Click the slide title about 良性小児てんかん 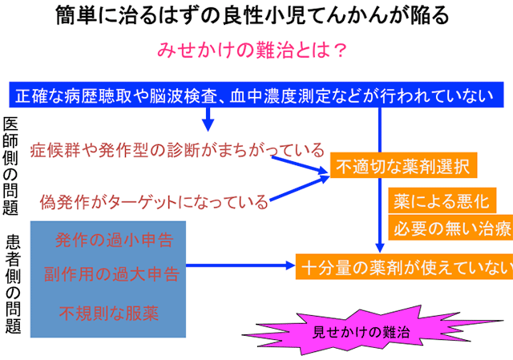click(252, 15)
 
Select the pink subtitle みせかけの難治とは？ click(252, 50)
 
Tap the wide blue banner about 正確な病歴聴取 click(256, 95)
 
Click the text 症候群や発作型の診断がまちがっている click(177, 150)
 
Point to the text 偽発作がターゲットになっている click(154, 201)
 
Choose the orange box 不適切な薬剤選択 click(403, 165)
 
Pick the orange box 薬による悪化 click(442, 200)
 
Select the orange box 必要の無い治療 click(450, 228)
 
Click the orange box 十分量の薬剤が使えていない click(404, 267)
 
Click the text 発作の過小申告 click(114, 240)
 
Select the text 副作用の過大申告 click(111, 274)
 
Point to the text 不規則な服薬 click(109, 313)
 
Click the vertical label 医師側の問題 click(10, 166)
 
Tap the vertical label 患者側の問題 click(13, 283)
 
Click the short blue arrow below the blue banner click(208, 119)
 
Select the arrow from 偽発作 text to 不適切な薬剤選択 click(299, 188)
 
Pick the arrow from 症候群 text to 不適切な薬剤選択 click(299, 164)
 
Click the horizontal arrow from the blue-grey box click(240, 265)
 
